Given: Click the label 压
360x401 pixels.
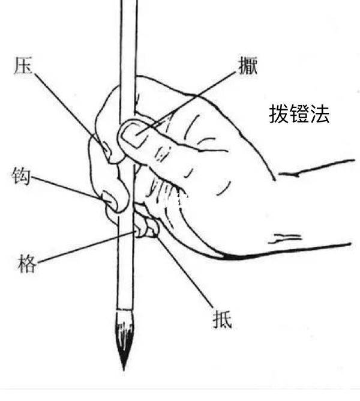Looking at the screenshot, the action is (23, 65).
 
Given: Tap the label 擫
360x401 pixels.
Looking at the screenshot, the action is (248, 65).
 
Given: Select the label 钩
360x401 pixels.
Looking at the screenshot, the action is (21, 176).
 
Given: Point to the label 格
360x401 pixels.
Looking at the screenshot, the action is (27, 264).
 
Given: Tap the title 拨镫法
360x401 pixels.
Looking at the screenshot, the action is (299, 114).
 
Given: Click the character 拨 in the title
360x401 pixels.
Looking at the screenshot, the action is (279, 114).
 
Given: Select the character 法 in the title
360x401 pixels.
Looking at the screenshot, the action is (320, 114).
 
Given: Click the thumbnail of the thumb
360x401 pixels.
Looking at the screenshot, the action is (133, 134).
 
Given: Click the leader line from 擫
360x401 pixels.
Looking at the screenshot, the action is (186, 104).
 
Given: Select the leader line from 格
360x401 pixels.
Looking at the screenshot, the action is (87, 247).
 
